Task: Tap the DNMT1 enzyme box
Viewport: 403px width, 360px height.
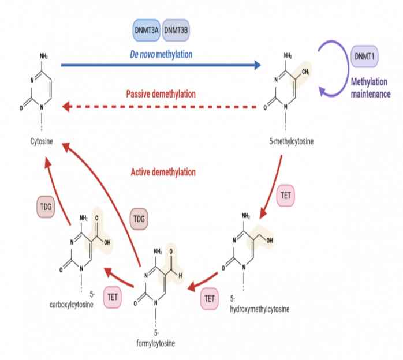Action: click(x=364, y=57)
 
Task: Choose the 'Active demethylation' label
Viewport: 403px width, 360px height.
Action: click(x=163, y=171)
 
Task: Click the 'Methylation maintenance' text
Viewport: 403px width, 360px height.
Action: click(x=371, y=88)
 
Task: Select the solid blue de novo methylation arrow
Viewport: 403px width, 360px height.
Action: click(x=161, y=66)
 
